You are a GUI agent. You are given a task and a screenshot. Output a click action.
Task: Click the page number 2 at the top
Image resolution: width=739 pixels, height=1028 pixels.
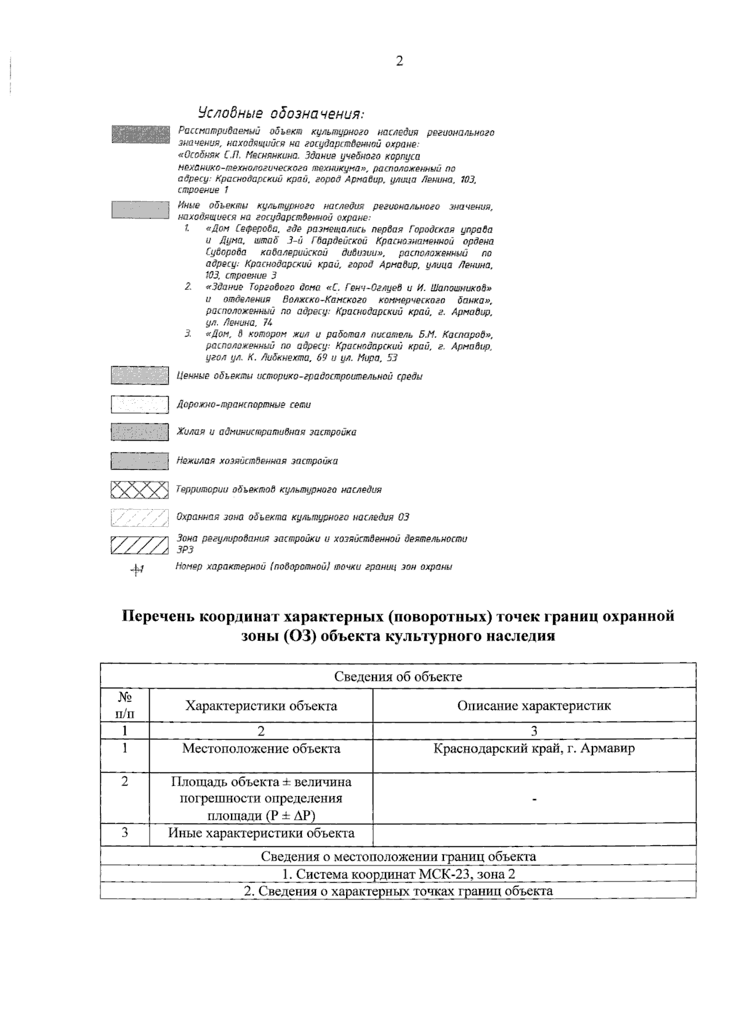point(400,61)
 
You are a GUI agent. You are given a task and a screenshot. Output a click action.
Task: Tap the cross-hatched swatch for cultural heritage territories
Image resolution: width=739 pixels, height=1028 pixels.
point(140,489)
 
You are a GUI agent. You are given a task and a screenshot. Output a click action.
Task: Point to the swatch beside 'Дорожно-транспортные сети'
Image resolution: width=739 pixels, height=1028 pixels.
point(140,404)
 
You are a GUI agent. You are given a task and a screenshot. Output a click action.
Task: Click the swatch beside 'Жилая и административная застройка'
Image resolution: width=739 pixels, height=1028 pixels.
point(140,432)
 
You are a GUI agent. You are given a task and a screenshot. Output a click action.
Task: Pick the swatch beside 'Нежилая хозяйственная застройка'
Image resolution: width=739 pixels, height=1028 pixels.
point(140,460)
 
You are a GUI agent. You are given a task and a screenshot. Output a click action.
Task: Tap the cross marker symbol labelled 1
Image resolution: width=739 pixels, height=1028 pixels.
point(137,570)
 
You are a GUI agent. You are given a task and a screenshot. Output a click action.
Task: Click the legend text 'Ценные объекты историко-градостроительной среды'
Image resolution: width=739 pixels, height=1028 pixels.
point(299,376)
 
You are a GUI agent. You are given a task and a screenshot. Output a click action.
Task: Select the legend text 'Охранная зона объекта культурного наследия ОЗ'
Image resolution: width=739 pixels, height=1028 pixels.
point(293,517)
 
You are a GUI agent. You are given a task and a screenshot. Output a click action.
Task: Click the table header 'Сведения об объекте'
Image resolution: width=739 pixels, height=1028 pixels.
point(398,677)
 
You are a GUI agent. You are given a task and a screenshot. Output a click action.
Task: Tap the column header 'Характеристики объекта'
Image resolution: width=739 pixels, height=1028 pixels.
point(261,705)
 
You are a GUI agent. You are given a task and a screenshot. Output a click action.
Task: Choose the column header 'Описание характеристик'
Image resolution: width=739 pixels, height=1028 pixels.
point(534,705)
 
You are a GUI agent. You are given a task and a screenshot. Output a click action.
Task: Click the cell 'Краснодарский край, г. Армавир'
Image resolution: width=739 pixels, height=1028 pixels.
point(534,749)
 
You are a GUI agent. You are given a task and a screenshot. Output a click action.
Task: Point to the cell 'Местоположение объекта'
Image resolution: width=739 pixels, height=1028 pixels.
point(261,749)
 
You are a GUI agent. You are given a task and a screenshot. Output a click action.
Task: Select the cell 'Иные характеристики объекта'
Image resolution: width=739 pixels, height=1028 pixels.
point(261,833)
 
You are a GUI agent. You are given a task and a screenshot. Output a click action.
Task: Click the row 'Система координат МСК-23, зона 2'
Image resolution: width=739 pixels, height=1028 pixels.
point(398,874)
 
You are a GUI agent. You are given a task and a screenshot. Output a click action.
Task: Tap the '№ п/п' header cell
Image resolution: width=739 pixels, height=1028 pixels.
point(125,705)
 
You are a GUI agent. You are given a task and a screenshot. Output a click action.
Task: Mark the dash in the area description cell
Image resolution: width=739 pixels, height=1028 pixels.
point(534,800)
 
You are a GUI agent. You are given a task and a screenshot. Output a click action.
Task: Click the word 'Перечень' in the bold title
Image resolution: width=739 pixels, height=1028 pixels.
point(160,616)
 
